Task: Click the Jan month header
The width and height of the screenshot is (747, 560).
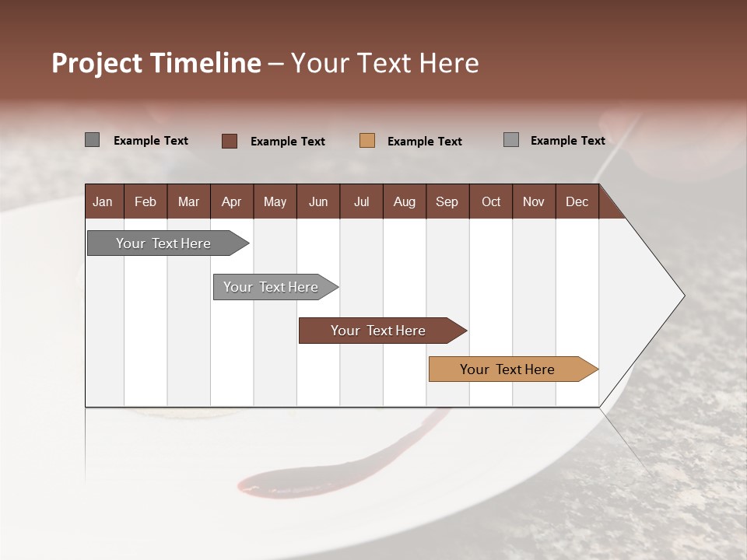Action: (103, 201)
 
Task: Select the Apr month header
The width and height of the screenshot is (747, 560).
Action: (232, 201)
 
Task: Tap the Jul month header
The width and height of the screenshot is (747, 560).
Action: (362, 201)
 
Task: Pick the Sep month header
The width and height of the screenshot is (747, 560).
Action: (447, 201)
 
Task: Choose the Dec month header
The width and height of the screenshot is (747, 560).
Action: (577, 201)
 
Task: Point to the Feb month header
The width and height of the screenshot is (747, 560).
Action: (146, 201)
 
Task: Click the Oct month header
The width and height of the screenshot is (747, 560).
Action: (491, 201)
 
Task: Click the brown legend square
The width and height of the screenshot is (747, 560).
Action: (230, 141)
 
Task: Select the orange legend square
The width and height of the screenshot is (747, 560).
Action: (367, 141)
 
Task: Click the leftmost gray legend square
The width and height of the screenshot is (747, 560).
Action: (93, 140)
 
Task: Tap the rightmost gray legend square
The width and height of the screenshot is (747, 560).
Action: (511, 140)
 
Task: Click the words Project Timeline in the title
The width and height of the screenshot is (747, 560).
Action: (156, 63)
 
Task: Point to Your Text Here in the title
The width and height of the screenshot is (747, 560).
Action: (385, 63)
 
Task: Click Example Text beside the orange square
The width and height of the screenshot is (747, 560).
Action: (425, 142)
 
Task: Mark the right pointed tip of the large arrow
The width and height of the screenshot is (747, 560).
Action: (682, 296)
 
